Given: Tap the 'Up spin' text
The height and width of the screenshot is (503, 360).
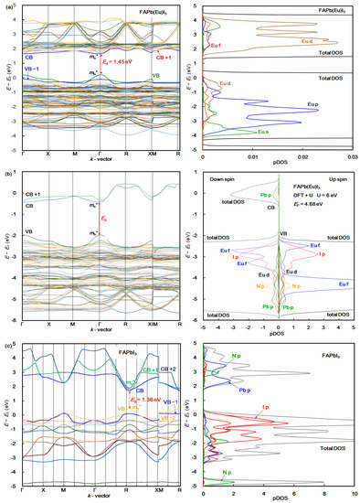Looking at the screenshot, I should coord(332,183).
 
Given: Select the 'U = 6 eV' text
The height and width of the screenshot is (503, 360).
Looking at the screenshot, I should coord(327,202).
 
